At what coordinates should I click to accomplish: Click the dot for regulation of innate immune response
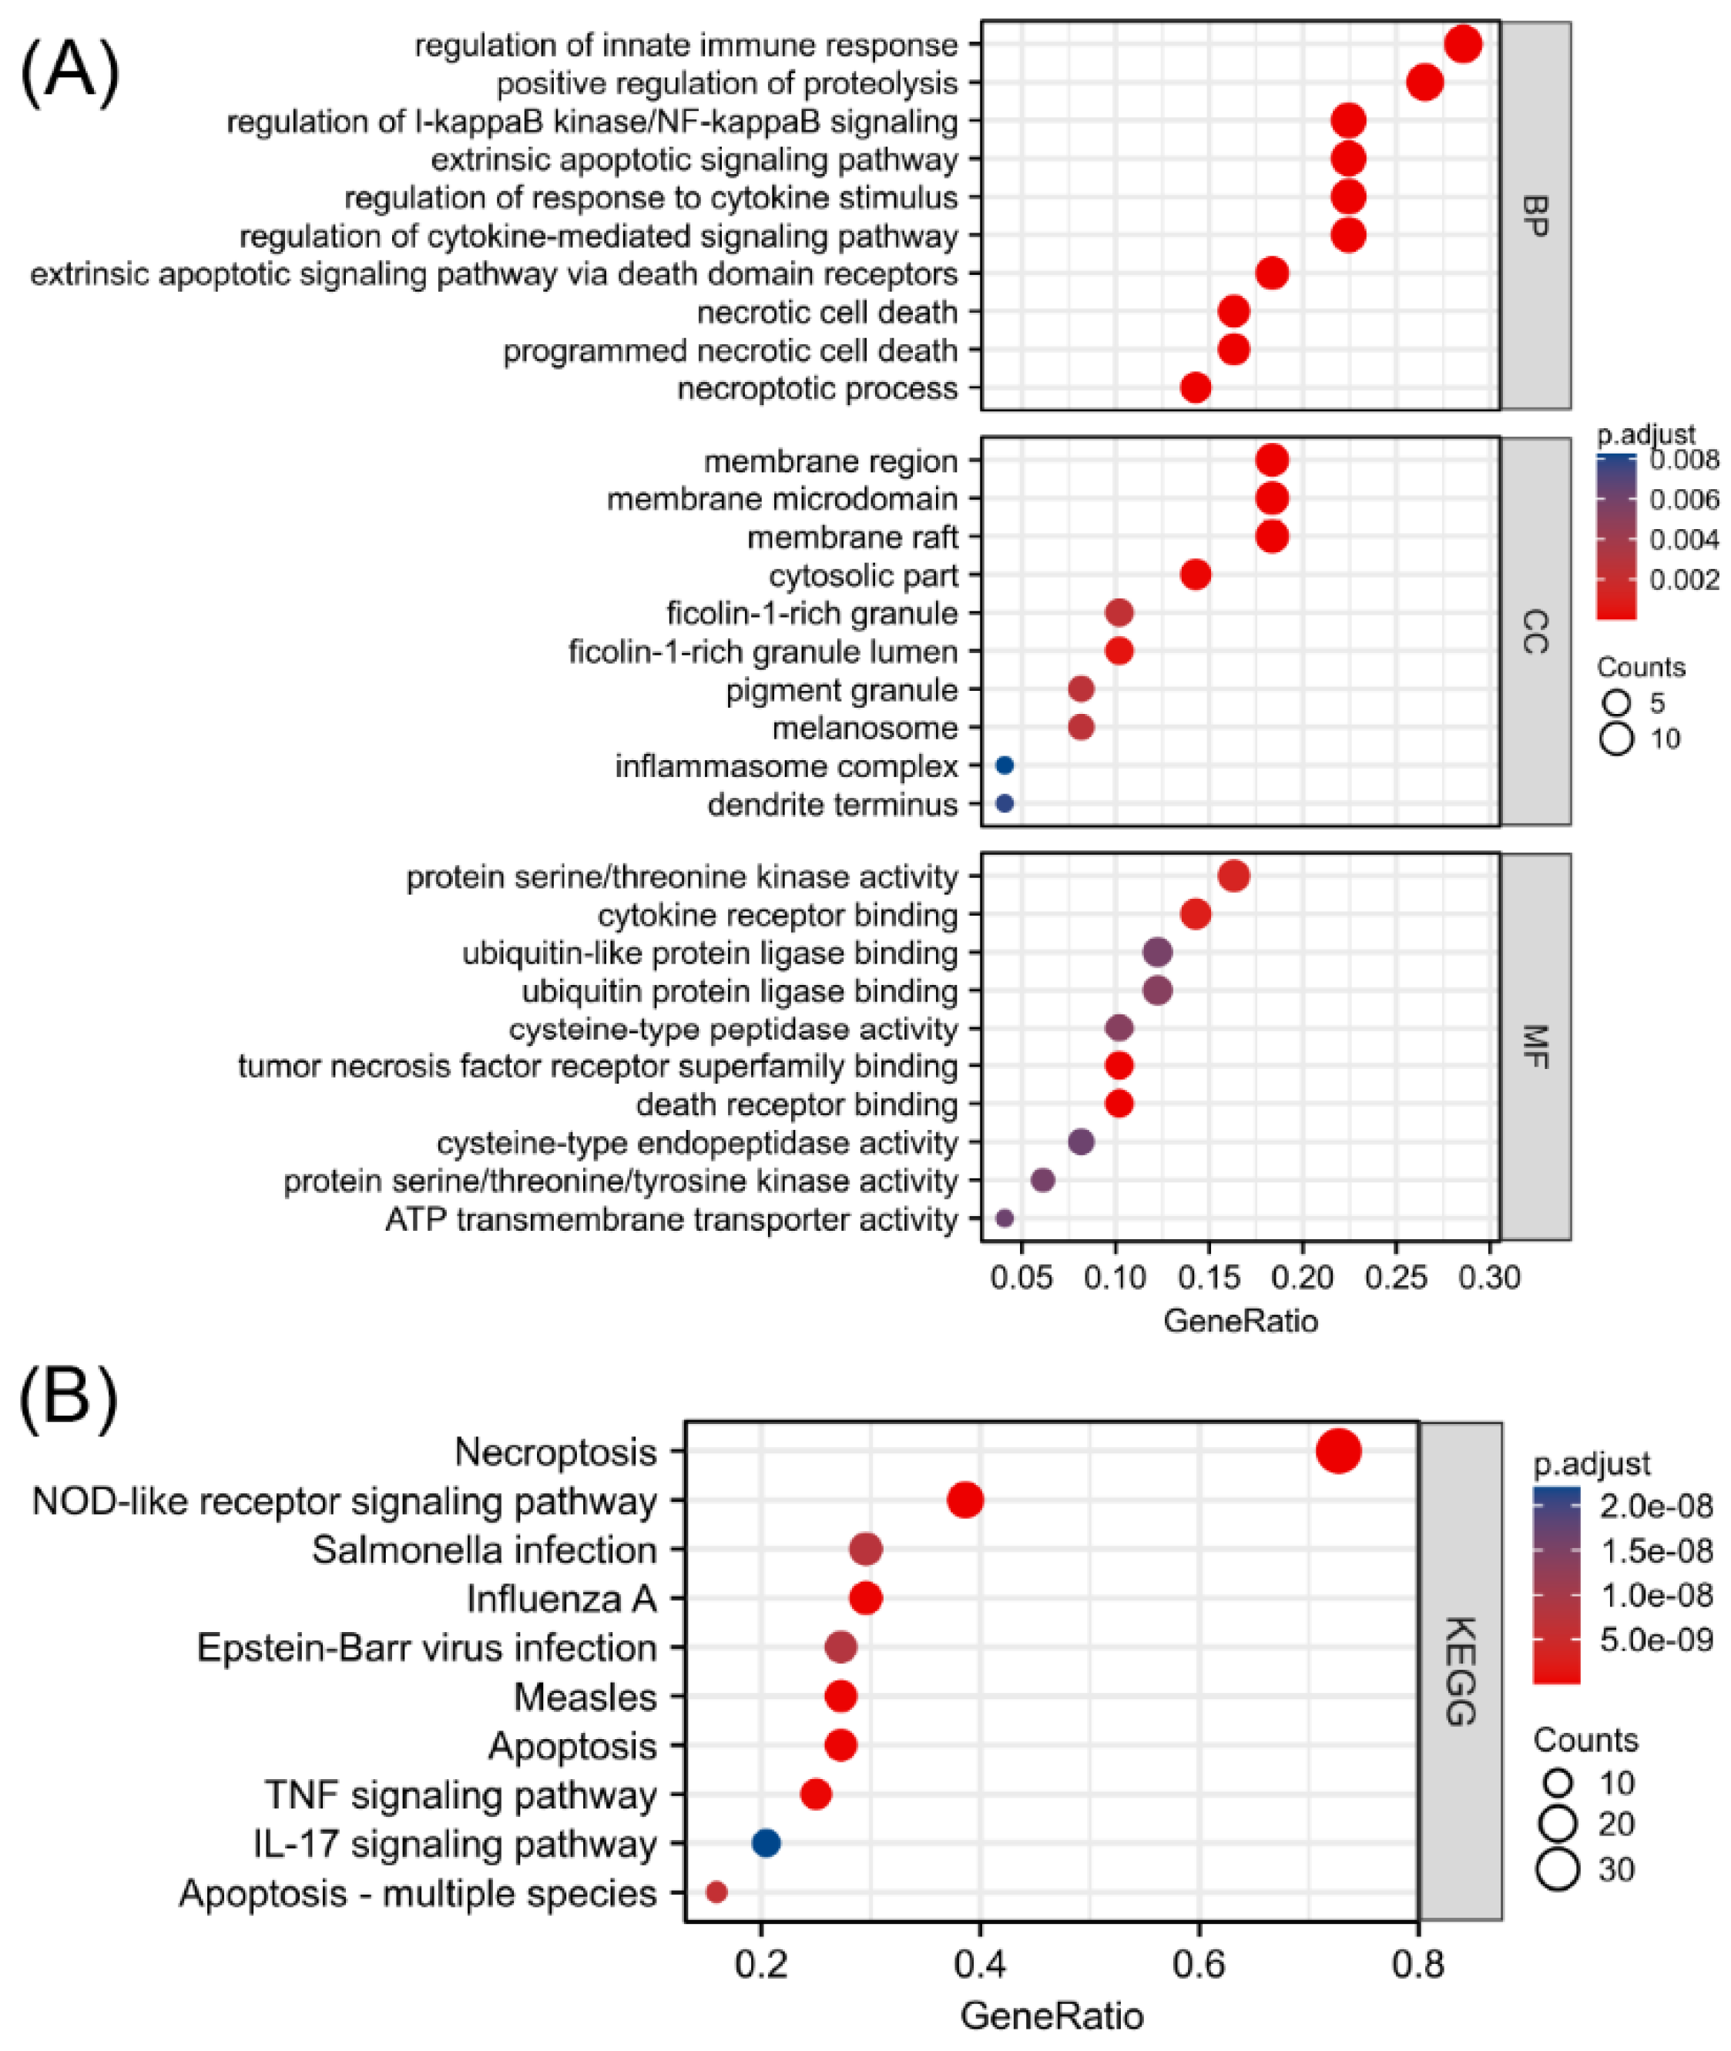coord(1462,44)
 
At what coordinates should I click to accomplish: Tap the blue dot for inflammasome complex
coord(1004,765)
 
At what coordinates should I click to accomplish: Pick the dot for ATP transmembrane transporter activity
coord(1004,1218)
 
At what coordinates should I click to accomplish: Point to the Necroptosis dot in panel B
coord(1337,1451)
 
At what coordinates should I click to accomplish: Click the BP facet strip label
coord(1536,216)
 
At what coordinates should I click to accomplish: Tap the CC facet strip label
coord(1536,632)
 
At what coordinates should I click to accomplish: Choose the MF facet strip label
coord(1536,1047)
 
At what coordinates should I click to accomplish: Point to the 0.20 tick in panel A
coord(1302,1277)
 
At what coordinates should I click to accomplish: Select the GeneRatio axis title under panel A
coord(1240,1321)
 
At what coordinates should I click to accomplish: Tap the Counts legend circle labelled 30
coord(1558,1868)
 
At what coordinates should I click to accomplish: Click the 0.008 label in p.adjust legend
coord(1684,460)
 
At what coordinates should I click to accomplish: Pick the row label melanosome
coord(864,728)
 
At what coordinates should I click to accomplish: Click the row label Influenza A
coord(560,1599)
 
